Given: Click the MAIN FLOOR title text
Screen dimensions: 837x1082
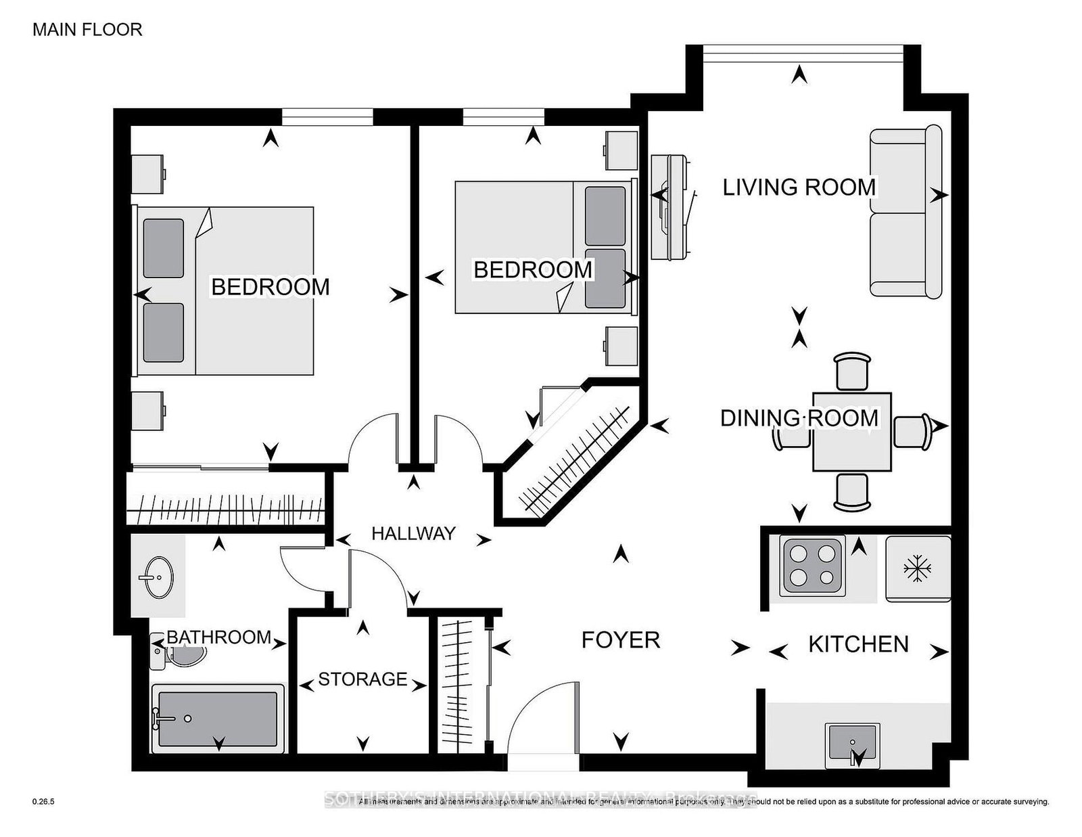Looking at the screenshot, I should pos(87,30).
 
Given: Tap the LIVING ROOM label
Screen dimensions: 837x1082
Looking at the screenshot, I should pos(799,187).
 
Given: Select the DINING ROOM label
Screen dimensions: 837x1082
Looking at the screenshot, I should pos(799,418).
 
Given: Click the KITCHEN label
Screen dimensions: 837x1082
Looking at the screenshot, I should pos(858,644).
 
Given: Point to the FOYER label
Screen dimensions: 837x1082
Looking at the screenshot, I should pos(620,640).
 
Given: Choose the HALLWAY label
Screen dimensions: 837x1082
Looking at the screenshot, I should pos(413,534).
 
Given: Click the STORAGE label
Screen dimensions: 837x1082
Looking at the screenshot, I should pos(362,679).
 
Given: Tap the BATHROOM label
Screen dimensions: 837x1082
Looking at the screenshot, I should pos(218,637).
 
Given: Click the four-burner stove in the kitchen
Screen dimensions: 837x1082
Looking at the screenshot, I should pos(811,566).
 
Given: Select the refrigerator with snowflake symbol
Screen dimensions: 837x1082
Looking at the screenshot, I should pos(918,568).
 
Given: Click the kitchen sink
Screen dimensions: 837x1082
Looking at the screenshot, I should pos(853,745).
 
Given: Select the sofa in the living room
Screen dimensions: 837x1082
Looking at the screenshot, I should pos(905,212).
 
